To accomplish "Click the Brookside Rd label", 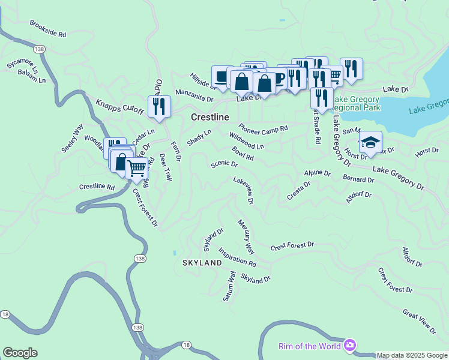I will click(48, 28).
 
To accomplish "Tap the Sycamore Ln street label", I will click(22, 63).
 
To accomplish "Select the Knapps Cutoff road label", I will click(119, 107).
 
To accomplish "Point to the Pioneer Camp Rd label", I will click(264, 128).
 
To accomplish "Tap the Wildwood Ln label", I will click(246, 142).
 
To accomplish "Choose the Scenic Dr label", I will click(224, 164).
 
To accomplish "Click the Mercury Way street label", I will click(246, 236).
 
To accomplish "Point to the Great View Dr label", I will click(419, 322).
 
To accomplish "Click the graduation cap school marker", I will click(370, 143).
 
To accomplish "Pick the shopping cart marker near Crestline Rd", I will click(137, 169).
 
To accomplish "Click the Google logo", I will click(20, 353).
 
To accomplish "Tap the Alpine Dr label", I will click(317, 173).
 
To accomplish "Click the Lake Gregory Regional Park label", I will click(356, 103).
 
